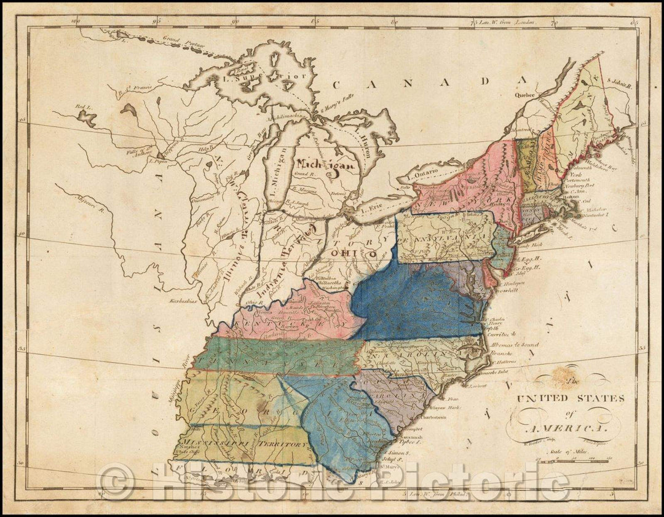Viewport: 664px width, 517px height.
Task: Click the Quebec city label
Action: [x=528, y=95]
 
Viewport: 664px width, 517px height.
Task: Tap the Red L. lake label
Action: [x=81, y=107]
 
